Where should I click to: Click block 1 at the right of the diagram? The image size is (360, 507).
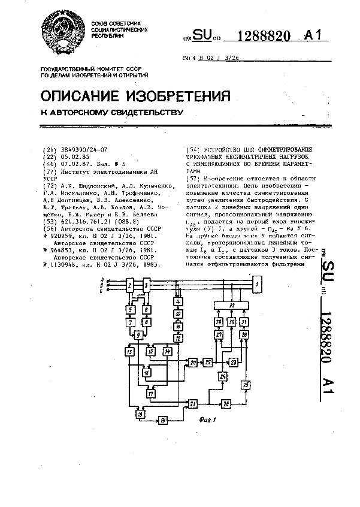[x=257, y=283]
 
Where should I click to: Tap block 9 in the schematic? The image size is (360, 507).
[x=140, y=334]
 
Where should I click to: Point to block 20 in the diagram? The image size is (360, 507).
[x=193, y=363]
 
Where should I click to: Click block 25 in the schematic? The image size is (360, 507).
[x=245, y=384]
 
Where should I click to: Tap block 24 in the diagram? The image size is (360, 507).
[x=223, y=377]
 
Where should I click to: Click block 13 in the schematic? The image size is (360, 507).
[x=130, y=351]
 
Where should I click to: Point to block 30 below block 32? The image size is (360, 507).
[x=231, y=323]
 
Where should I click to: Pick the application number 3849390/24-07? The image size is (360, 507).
[x=82, y=152]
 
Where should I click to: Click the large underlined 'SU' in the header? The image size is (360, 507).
[x=202, y=36]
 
